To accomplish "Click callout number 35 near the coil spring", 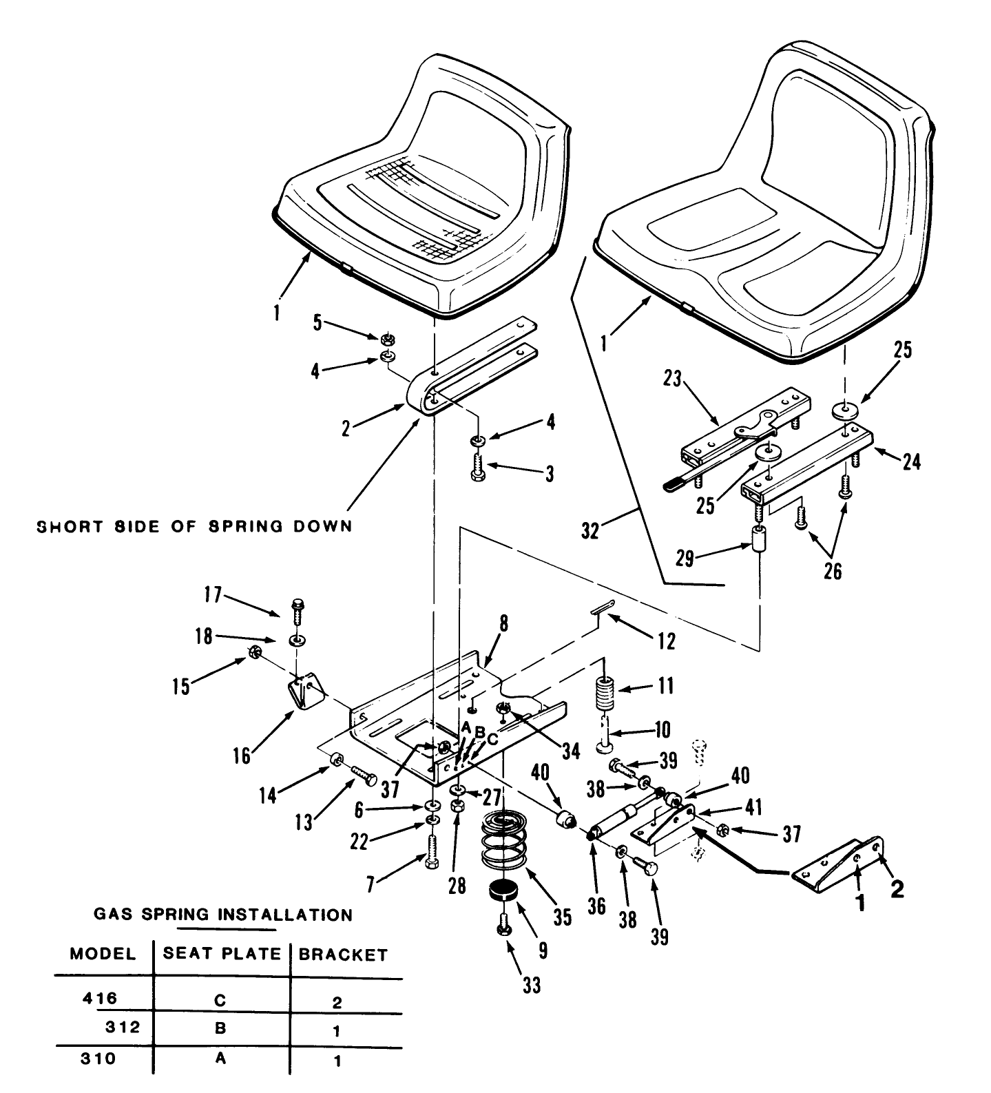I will click(563, 917).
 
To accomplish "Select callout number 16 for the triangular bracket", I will click(242, 755).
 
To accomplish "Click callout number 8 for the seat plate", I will click(503, 624).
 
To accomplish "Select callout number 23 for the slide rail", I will click(672, 379).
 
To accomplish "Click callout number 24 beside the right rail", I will click(911, 461).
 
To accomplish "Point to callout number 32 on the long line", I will click(591, 530).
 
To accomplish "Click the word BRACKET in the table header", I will click(342, 955).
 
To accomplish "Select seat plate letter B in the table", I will click(220, 1028).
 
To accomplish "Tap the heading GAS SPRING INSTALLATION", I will click(222, 915).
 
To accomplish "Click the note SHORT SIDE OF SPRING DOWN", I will click(194, 526).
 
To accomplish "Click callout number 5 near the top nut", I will click(317, 322).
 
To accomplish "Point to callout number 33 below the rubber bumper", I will click(531, 986).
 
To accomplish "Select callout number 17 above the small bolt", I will click(213, 594).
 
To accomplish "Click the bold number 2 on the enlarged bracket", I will click(897, 890).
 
